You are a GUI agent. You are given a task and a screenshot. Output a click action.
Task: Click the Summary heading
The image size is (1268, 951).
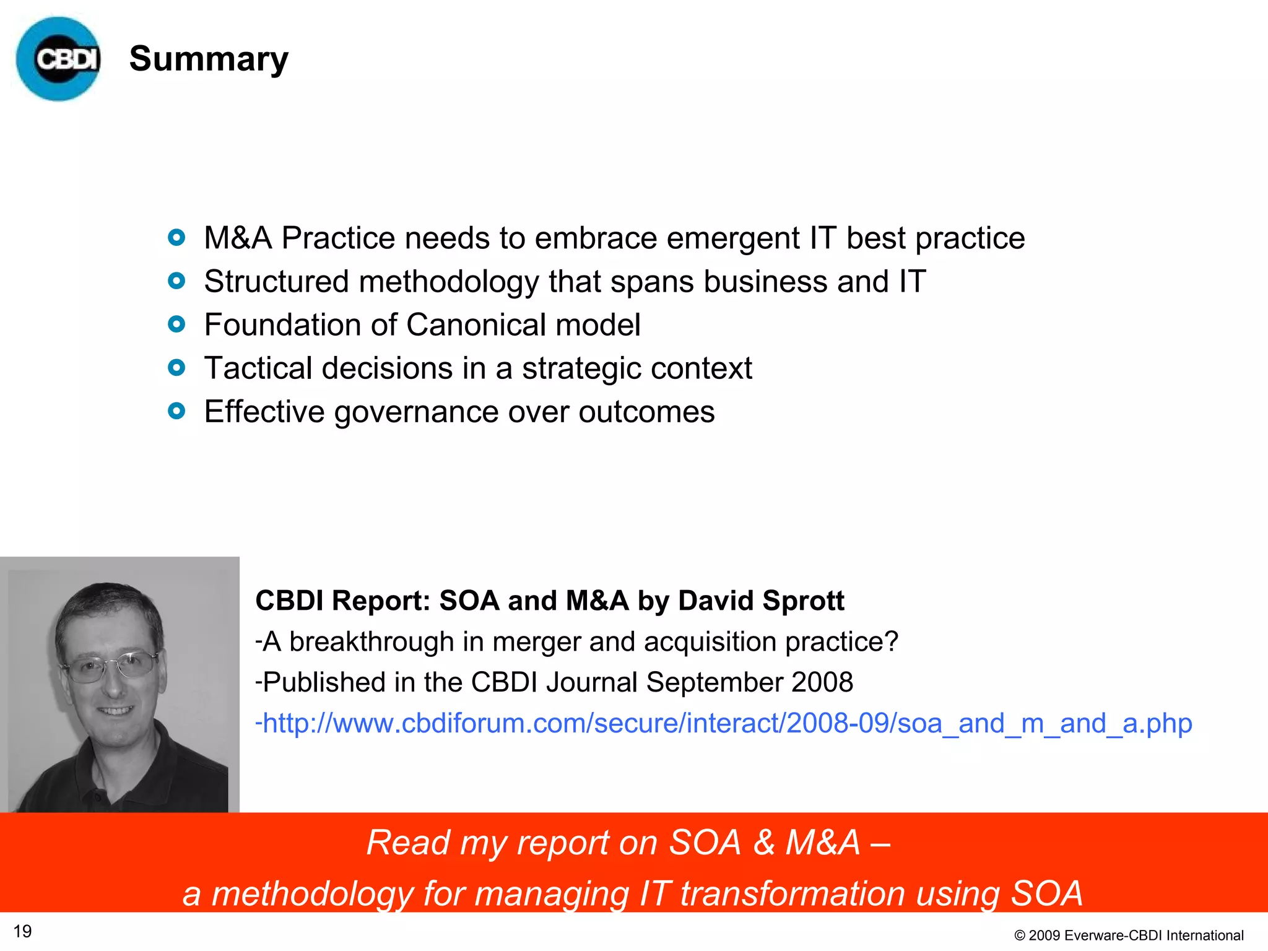coord(209,59)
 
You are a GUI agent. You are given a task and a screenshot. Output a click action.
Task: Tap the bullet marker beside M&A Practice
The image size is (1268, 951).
coord(176,238)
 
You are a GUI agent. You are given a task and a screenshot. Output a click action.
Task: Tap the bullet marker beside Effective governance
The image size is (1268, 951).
coord(176,411)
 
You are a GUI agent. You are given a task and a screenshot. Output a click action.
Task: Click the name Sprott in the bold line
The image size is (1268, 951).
coord(803,601)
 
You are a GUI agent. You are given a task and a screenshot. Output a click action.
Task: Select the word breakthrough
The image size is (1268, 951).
coord(371,641)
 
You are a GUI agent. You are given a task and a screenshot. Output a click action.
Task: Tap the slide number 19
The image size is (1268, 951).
coord(23,931)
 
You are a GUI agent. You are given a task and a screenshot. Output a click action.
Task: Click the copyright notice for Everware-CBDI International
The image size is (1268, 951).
coord(1129,935)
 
